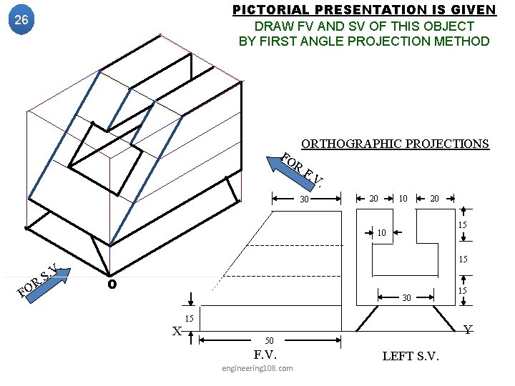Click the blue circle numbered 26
(21, 20)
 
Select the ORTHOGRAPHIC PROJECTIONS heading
(395, 144)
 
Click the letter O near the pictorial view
(111, 284)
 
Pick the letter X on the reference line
(177, 330)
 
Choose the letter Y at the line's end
(467, 330)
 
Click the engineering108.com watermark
(257, 368)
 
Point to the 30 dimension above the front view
(303, 199)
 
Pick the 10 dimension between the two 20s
(404, 197)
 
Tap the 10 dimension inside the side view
(382, 232)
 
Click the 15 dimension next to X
(190, 317)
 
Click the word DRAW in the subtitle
(270, 26)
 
